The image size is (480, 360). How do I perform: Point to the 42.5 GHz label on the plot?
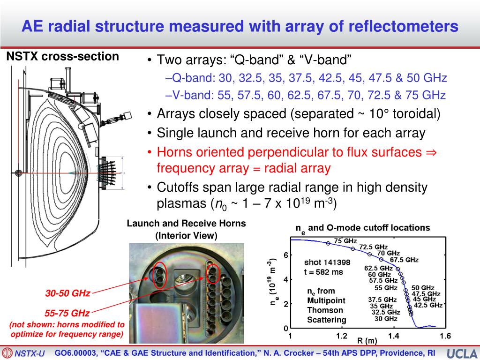coord(428,305)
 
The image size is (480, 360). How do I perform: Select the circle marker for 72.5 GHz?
coord(352,249)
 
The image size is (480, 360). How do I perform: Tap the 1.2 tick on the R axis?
coord(342,336)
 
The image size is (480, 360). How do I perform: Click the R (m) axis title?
coord(367,341)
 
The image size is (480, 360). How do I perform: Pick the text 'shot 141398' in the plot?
coord(327,262)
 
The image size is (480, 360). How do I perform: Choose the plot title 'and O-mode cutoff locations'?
coord(369,228)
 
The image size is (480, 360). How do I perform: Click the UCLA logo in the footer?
coord(462,353)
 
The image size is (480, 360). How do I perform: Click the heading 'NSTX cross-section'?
coord(62,57)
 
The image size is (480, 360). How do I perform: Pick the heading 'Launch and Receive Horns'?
coord(186,224)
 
